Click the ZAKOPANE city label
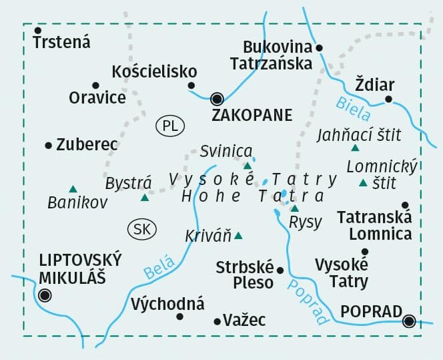(x=252, y=116)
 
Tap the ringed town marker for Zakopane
(x=216, y=100)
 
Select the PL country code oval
(x=169, y=125)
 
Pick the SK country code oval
(x=141, y=229)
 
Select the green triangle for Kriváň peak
(x=238, y=235)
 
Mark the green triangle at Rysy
(x=294, y=208)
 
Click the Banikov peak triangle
(x=72, y=189)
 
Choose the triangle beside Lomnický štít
(x=363, y=183)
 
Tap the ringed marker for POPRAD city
(x=410, y=321)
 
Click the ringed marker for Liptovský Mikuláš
(x=45, y=295)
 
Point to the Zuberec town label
(x=87, y=144)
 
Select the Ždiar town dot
(x=388, y=100)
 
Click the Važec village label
(x=245, y=321)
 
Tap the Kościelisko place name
(x=155, y=71)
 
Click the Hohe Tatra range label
(x=253, y=196)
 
